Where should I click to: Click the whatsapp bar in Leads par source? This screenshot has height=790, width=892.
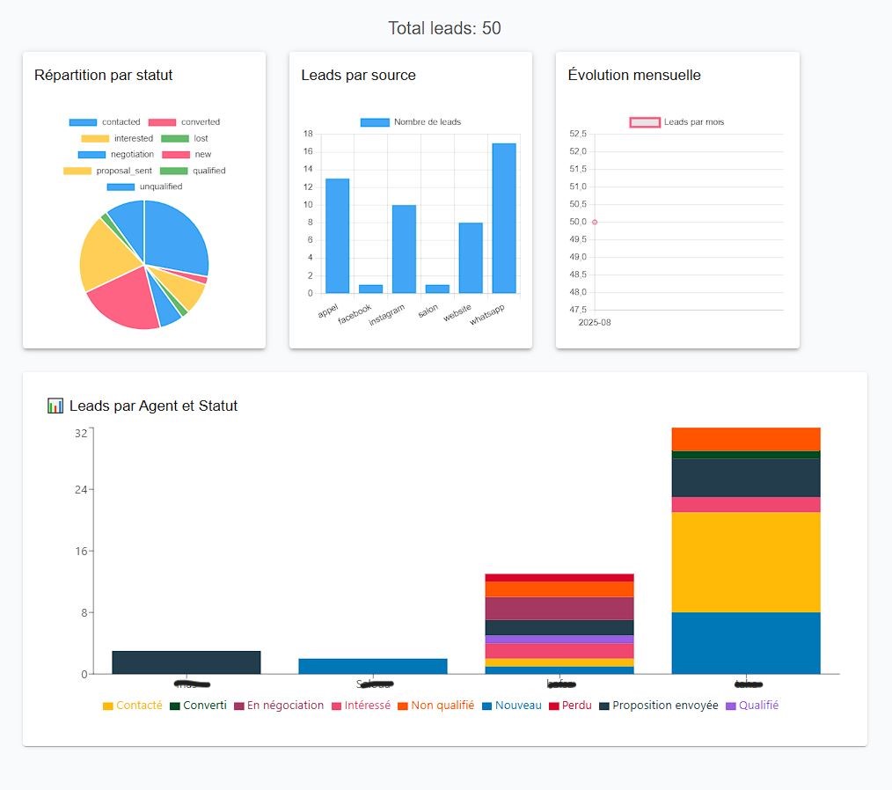pyautogui.click(x=504, y=217)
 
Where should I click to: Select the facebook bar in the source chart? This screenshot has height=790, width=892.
pyautogui.click(x=370, y=289)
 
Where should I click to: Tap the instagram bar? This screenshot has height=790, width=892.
pyautogui.click(x=404, y=248)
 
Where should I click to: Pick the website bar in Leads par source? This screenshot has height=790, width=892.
pyautogui.click(x=471, y=257)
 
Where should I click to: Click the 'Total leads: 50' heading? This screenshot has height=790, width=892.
pyautogui.click(x=445, y=28)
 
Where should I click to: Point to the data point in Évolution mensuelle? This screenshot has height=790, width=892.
pyautogui.click(x=595, y=222)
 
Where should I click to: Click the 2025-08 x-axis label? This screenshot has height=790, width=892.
pyautogui.click(x=595, y=323)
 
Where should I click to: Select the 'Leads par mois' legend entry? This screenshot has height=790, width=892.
pyautogui.click(x=677, y=122)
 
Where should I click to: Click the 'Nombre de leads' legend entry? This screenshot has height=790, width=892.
pyautogui.click(x=411, y=122)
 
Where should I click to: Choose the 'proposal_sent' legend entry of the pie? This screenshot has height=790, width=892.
pyautogui.click(x=105, y=171)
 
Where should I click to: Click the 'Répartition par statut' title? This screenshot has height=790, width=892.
pyautogui.click(x=103, y=76)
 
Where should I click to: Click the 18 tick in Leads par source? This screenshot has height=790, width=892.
pyautogui.click(x=308, y=134)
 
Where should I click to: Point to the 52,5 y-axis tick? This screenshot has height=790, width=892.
pyautogui.click(x=578, y=134)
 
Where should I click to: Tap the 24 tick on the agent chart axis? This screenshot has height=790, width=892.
pyautogui.click(x=81, y=490)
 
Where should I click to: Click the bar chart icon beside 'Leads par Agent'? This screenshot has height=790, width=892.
pyautogui.click(x=55, y=406)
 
